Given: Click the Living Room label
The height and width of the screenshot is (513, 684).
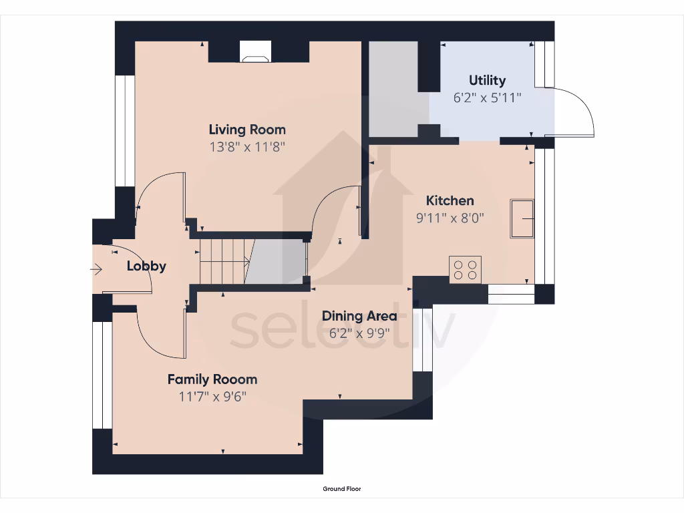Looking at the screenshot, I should click(247, 130).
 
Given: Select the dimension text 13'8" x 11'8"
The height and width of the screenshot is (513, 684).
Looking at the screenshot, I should click(247, 147).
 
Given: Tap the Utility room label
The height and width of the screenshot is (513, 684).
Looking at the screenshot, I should click(487, 80).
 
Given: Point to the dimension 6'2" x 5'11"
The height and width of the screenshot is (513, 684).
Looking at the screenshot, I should click(487, 98).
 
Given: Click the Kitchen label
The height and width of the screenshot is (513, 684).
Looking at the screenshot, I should click(450, 200).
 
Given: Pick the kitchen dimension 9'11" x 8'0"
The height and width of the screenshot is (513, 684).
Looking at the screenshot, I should click(450, 218).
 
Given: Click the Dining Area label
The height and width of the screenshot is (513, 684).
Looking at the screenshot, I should click(359, 316).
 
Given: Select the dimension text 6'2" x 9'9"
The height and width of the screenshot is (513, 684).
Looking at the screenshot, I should click(359, 333).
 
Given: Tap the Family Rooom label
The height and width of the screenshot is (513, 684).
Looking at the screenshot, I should click(212, 379).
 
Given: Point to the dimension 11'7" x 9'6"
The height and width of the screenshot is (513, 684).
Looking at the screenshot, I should click(212, 396).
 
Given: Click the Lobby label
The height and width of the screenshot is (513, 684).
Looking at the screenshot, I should click(146, 266).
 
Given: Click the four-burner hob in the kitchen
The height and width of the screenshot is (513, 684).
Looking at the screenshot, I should click(466, 269).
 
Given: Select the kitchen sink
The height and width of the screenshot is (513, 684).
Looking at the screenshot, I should click(522, 218).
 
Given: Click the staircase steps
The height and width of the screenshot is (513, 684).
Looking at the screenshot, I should click(224, 261).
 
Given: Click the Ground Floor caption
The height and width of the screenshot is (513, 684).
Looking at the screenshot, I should click(341, 489).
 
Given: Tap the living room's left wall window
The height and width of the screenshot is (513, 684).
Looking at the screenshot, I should click(124, 130).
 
